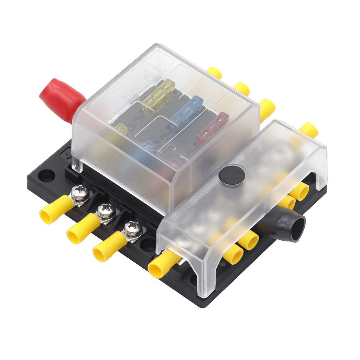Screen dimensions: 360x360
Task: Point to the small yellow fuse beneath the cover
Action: (x=121, y=128)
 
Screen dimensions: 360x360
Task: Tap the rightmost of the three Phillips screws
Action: (x=131, y=228)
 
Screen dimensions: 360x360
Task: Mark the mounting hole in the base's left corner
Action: (x=46, y=176)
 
